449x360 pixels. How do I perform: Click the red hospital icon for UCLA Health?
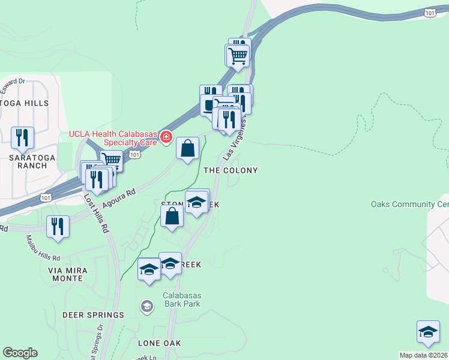point(166,139)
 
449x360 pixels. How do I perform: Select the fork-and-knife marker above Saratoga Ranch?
point(23,137)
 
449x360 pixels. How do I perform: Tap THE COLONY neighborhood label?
point(231,170)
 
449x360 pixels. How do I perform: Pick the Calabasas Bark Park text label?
point(181,299)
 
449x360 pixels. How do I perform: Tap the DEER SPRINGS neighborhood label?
point(93,314)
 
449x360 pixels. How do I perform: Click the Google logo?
point(20,353)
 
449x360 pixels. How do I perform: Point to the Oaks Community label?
point(410,205)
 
